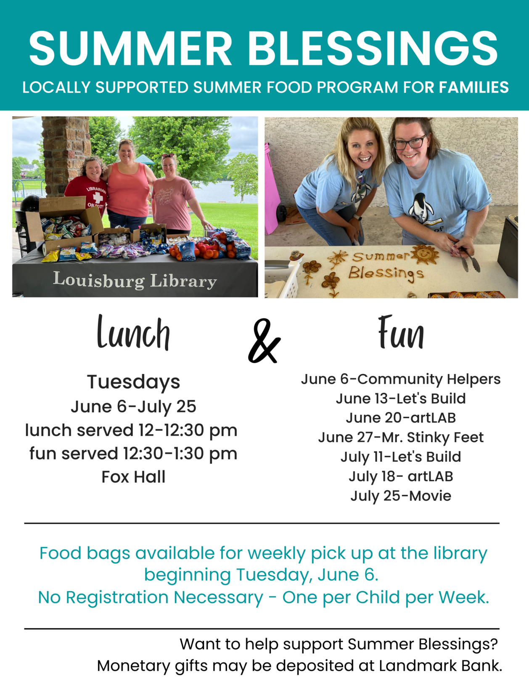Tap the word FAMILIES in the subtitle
[474, 88]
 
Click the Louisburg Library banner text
[135, 280]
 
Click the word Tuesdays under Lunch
[133, 382]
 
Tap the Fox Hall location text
[133, 477]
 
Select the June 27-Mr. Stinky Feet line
[401, 437]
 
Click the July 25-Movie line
[401, 496]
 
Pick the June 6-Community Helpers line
[401, 379]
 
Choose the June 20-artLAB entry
[401, 418]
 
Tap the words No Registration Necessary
[150, 597]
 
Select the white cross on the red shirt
[98, 198]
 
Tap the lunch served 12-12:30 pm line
[131, 430]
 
